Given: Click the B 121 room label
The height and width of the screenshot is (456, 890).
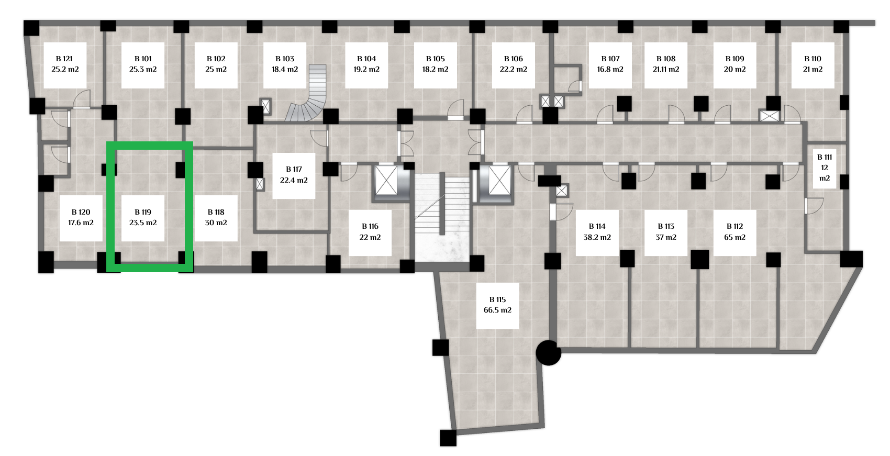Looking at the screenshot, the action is click(x=65, y=65).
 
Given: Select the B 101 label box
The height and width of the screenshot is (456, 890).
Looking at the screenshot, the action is click(x=143, y=65).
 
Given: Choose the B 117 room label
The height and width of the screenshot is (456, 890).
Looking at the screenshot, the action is click(x=294, y=175).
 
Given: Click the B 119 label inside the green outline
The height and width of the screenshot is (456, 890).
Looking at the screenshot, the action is click(x=143, y=218).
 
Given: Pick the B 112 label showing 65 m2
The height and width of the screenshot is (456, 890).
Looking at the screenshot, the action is click(x=735, y=232).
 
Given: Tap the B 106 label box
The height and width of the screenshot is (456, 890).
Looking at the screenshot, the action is click(x=514, y=65).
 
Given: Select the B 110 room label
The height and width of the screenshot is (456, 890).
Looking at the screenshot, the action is click(x=813, y=65).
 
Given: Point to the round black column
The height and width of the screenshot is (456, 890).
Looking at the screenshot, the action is click(x=548, y=353).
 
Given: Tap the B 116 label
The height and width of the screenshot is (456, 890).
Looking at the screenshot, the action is click(x=370, y=232).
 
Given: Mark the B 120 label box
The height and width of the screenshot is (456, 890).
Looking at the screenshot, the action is click(x=81, y=218).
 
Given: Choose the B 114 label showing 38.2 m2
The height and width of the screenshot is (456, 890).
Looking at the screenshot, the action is click(x=597, y=232).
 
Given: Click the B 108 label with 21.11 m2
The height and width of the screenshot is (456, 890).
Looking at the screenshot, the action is click(x=666, y=65).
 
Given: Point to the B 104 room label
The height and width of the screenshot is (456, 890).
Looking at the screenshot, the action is click(x=366, y=65).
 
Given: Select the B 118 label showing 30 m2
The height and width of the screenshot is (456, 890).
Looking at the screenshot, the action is click(x=216, y=218).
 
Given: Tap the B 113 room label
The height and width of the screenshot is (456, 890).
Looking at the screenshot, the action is click(x=666, y=232).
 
